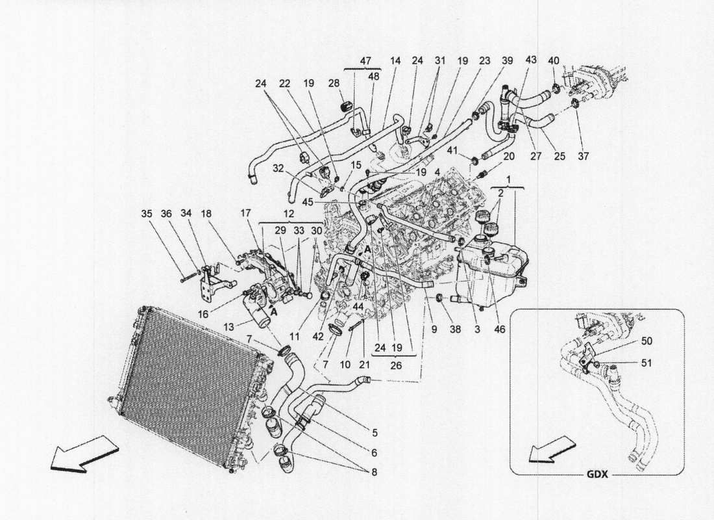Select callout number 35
tap(147, 213)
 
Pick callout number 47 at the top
tap(365, 60)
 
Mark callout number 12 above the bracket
tap(288, 213)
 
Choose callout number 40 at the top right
tap(553, 60)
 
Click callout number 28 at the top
tap(334, 83)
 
